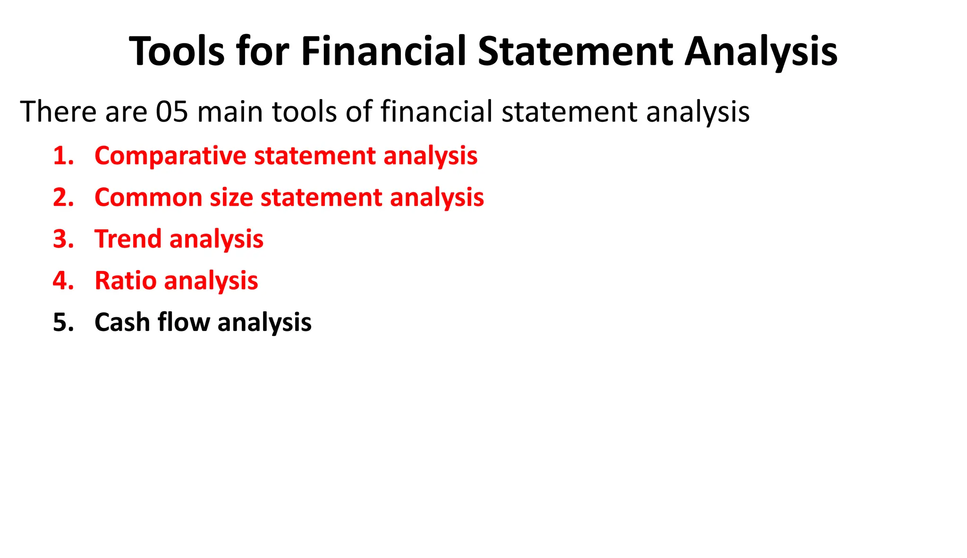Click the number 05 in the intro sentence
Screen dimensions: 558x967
pos(172,112)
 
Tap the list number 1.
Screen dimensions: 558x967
pos(63,156)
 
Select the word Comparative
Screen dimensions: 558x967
pos(170,156)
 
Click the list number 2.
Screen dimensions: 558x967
pos(63,197)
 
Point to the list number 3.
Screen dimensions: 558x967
pos(63,239)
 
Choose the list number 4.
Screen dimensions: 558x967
pos(63,280)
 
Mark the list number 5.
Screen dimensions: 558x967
pos(63,322)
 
